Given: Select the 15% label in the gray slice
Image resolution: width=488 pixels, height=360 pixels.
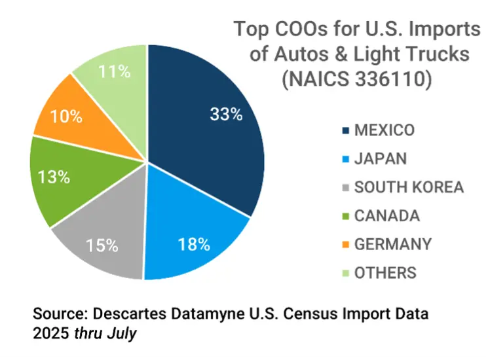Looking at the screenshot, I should click(x=102, y=245).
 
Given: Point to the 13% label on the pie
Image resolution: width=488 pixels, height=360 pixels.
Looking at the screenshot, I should click(x=53, y=177).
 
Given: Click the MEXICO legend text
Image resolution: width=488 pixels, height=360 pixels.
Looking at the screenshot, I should click(x=384, y=130).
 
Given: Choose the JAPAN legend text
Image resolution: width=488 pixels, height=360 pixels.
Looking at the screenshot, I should click(x=380, y=158).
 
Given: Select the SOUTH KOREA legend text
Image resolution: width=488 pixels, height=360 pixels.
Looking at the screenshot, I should click(x=409, y=187).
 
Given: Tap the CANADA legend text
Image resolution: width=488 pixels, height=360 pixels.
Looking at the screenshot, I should click(x=386, y=215).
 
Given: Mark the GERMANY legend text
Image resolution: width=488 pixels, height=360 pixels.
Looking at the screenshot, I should click(x=392, y=244).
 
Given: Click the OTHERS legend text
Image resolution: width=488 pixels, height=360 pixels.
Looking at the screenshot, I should click(x=385, y=272).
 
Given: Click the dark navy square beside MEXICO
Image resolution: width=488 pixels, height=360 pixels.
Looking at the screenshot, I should click(x=345, y=130).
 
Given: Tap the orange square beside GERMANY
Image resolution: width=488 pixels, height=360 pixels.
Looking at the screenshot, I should click(x=345, y=245).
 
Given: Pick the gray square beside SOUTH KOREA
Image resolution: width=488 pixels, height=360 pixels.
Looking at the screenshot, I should click(x=345, y=188).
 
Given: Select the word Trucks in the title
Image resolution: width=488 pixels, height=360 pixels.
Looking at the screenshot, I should click(x=439, y=54).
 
